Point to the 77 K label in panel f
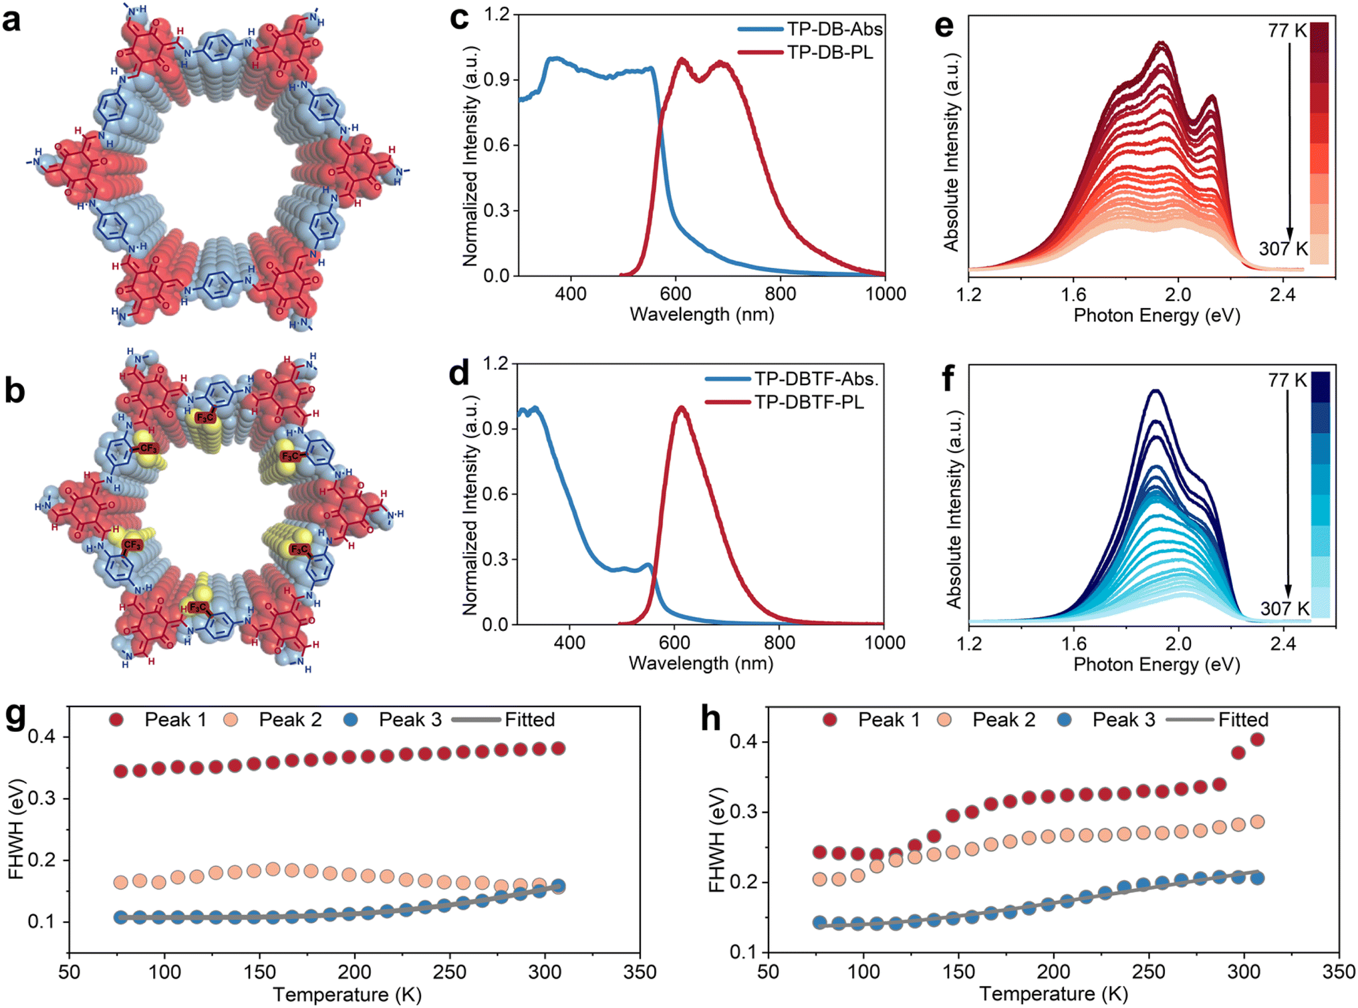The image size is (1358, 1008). (x=1287, y=380)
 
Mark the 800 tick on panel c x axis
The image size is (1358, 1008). (x=780, y=294)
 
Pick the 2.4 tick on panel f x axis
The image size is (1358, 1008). (x=1283, y=644)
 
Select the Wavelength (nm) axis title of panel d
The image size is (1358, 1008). (x=701, y=664)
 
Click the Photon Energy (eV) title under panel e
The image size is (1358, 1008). (x=1157, y=316)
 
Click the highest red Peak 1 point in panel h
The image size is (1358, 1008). (x=1257, y=739)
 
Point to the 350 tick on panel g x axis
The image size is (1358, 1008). (x=640, y=972)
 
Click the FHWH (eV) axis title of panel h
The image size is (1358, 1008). (x=717, y=840)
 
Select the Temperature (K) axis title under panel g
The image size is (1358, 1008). (x=348, y=995)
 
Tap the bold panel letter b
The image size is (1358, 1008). (x=15, y=390)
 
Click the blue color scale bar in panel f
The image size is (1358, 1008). (x=1321, y=495)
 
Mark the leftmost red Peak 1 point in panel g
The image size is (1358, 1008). (x=120, y=771)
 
